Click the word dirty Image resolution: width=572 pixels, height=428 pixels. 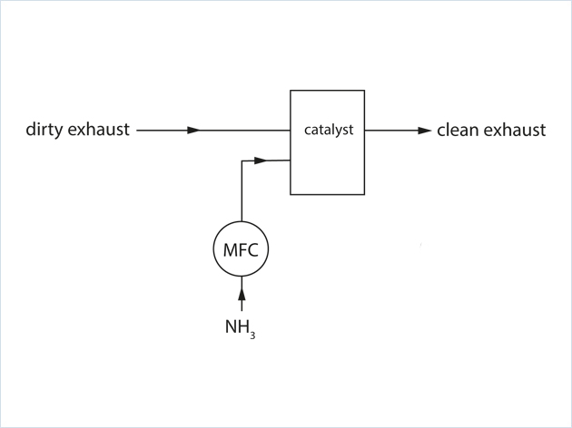click(x=44, y=130)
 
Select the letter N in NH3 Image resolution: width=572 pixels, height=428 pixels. click(x=232, y=325)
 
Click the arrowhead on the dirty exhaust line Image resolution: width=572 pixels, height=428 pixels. click(x=192, y=131)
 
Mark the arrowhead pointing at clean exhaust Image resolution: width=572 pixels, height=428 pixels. click(x=424, y=131)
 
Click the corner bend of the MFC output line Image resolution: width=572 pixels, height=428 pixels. click(x=242, y=161)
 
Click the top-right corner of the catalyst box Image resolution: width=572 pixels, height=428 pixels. click(x=364, y=91)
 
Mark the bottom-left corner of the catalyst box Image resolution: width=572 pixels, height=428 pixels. click(x=291, y=194)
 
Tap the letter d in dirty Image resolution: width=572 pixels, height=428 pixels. click(x=30, y=130)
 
